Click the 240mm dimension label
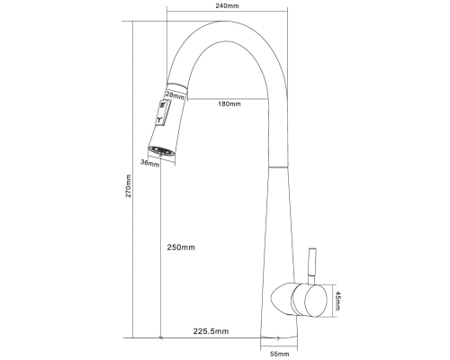coord(227,5)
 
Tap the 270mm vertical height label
coord(129,185)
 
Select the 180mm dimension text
coord(229,104)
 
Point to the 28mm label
coord(175,95)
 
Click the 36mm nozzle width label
coord(149,163)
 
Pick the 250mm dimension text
coord(181,247)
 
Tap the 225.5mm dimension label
coord(211,331)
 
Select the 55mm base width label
coord(280,354)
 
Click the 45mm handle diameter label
coord(337,301)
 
